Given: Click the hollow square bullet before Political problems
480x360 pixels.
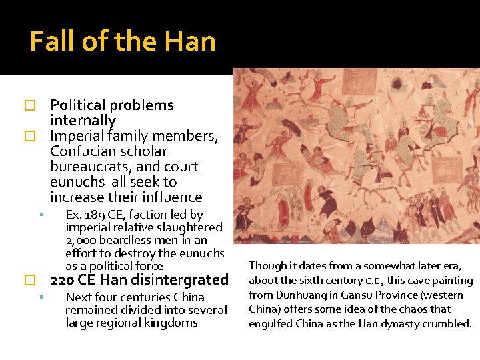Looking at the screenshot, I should [x=29, y=106].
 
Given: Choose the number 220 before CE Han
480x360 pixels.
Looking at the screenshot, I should [x=61, y=280].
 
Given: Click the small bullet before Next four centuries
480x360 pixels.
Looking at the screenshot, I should [x=41, y=297].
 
